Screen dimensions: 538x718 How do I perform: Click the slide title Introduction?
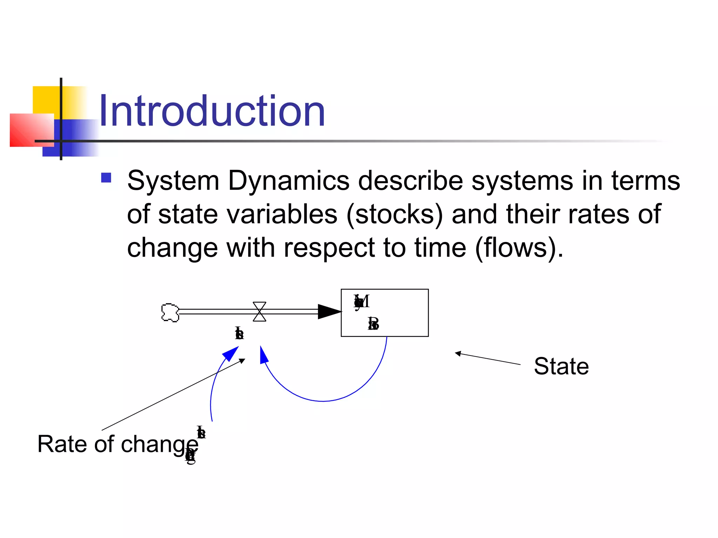[x=212, y=111]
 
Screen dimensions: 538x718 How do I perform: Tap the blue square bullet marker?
[x=106, y=178]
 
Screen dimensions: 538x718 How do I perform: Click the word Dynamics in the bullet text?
[x=289, y=181]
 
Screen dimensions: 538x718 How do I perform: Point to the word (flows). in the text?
[x=519, y=248]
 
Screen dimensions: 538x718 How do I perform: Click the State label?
[x=561, y=366]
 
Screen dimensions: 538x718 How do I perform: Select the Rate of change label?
[x=117, y=444]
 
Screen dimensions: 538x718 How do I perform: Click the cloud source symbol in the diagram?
[x=170, y=312]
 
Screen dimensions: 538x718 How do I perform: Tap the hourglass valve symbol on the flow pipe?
[x=259, y=311]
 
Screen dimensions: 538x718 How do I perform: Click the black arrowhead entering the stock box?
[x=329, y=311]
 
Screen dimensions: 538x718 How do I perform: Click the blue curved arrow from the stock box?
[x=323, y=400]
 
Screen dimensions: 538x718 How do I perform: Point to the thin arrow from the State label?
[x=487, y=359]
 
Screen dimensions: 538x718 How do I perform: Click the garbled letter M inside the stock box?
[x=363, y=301]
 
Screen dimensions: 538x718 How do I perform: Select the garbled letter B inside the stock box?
[x=374, y=324]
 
